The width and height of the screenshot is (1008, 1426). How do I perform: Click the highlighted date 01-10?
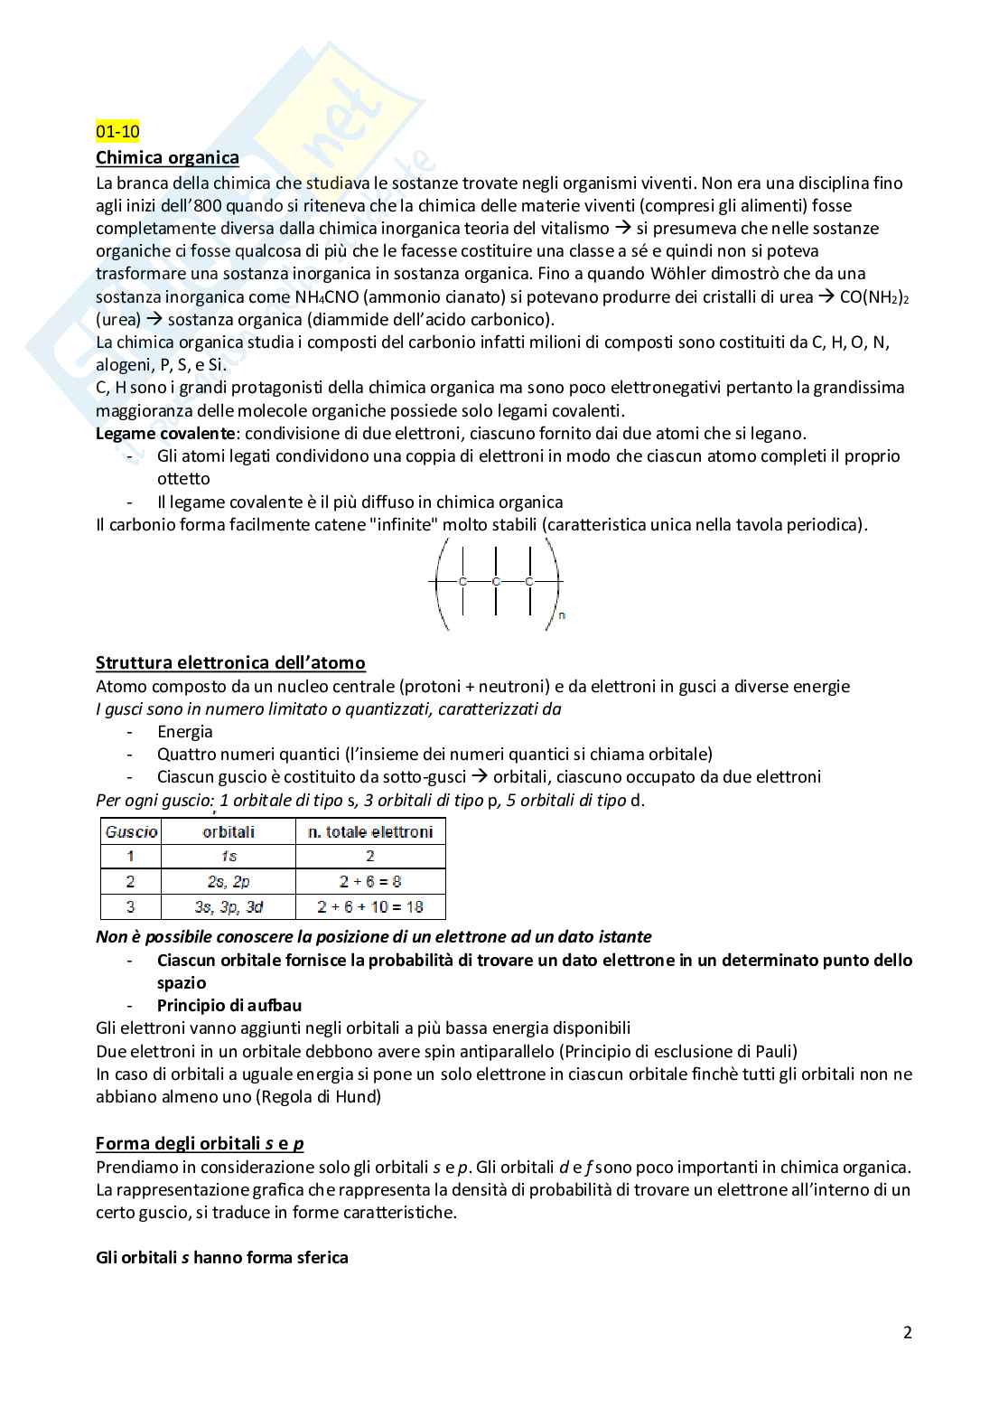coord(117,132)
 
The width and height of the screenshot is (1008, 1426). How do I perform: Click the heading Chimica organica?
coord(167,158)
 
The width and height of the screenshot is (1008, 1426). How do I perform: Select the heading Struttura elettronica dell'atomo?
coord(230,662)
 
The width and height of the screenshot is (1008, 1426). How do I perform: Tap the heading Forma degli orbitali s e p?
coord(200,1143)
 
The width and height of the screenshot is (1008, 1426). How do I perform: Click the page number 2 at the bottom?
coord(907,1332)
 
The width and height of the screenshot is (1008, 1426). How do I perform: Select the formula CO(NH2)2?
coord(873,297)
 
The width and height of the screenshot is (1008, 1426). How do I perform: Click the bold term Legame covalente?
coord(166,434)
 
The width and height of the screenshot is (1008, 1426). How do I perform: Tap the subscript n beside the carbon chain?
coord(562,615)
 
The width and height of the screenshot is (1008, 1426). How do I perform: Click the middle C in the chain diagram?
coord(496,582)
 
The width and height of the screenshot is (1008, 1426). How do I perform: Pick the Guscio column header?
coord(131,831)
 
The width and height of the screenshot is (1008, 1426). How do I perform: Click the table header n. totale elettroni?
coord(370,831)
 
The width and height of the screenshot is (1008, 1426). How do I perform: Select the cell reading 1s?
coord(229,856)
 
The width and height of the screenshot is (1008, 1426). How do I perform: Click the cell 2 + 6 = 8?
coord(370,881)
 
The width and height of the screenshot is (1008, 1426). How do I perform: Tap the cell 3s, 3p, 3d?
coord(229,906)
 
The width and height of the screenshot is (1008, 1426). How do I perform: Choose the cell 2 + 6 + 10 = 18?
coord(370,906)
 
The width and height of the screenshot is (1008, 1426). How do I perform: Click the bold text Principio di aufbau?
coord(229,1006)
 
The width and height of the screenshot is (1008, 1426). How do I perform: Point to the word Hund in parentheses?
coord(354,1097)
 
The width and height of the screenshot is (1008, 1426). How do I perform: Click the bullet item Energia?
coord(185,732)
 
